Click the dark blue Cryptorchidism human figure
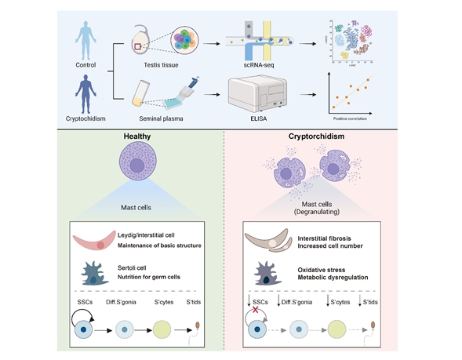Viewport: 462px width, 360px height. (x=87, y=98)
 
